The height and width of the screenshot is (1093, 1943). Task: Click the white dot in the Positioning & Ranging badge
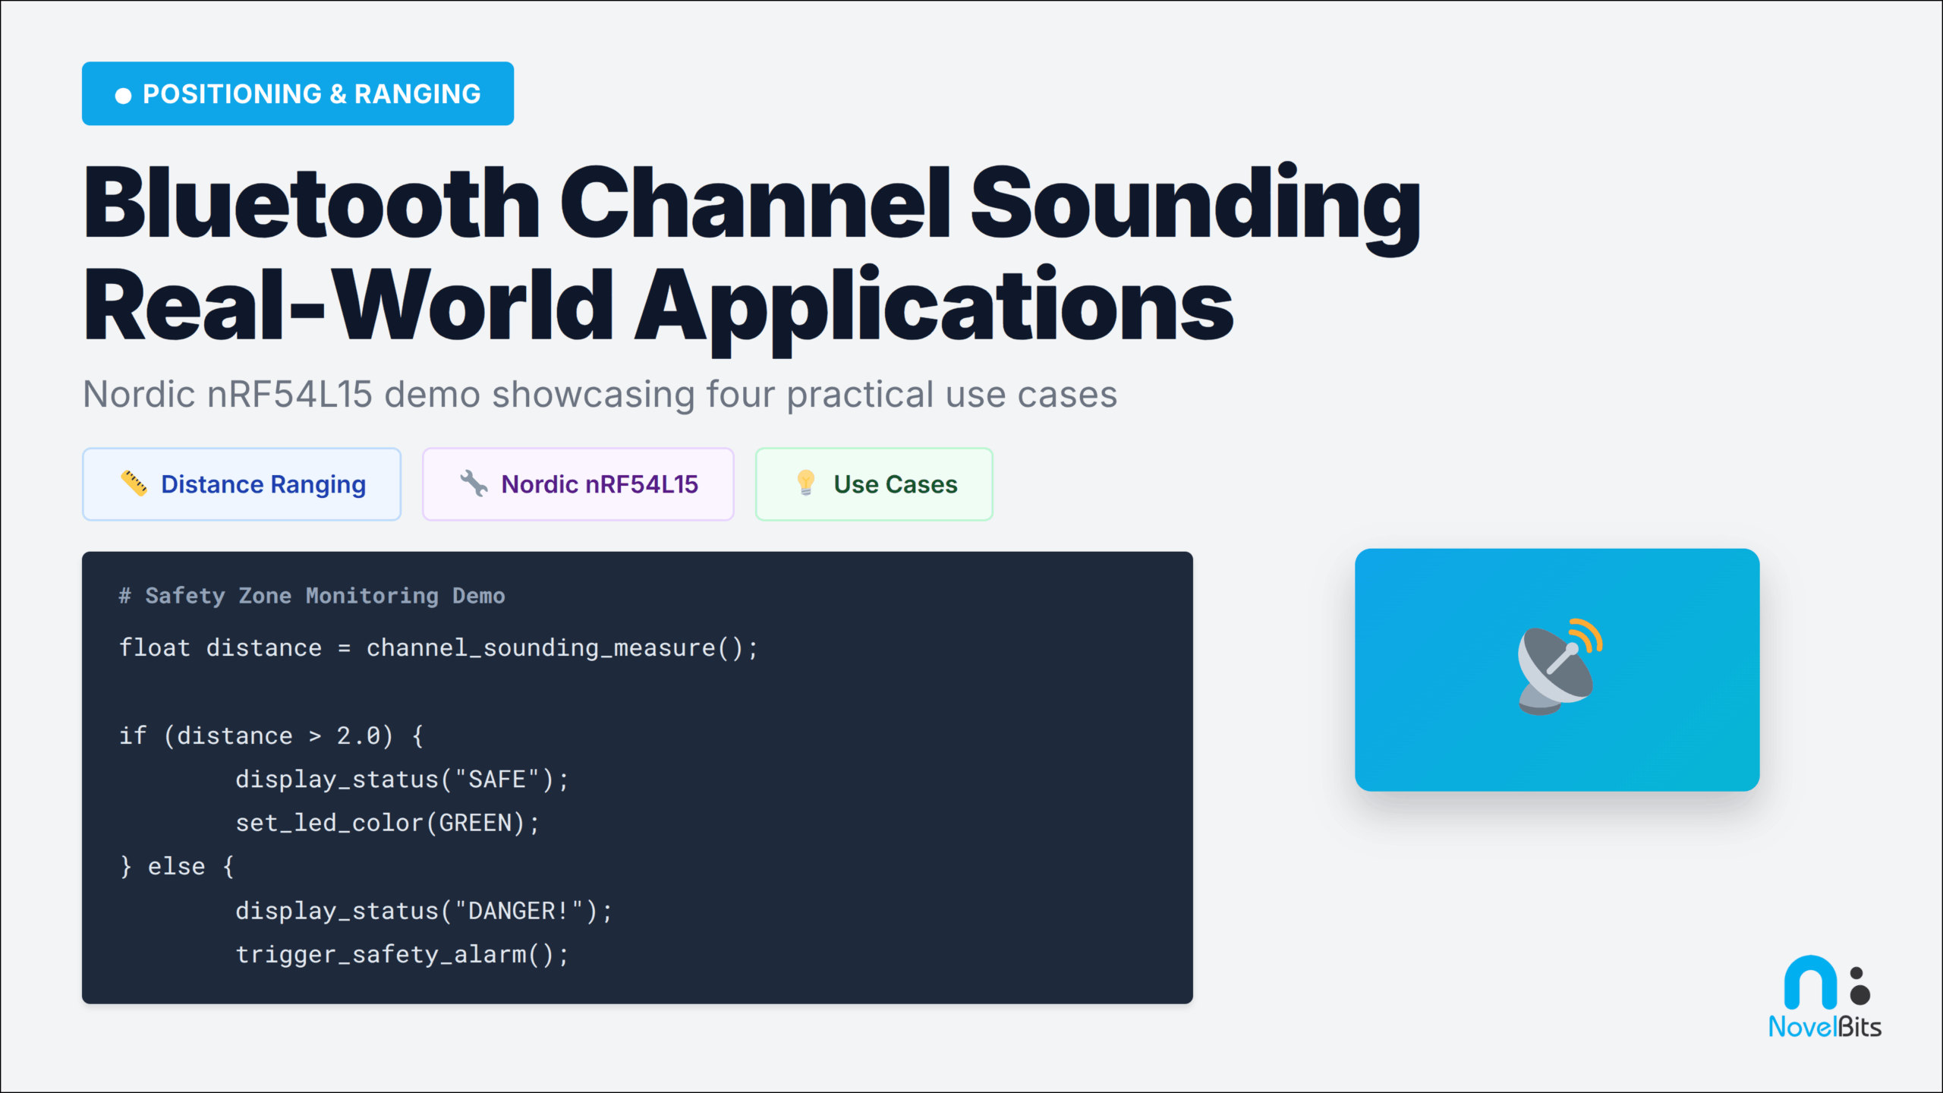123,96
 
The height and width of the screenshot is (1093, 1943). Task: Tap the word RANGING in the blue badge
417,94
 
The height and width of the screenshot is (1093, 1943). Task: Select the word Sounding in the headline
1195,203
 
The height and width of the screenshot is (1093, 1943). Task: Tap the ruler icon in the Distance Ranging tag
134,484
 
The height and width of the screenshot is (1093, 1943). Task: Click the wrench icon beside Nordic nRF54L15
474,484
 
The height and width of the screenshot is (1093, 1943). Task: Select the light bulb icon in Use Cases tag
806,483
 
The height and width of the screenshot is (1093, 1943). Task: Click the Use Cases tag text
896,484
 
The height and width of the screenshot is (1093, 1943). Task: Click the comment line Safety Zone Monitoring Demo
325,596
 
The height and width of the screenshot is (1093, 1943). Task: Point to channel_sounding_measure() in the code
561,648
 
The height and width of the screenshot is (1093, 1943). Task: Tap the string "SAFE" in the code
497,780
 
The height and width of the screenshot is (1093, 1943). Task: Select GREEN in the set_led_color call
476,823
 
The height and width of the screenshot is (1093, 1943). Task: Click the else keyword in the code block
176,867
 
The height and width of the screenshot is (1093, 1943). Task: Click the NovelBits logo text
1825,1027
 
